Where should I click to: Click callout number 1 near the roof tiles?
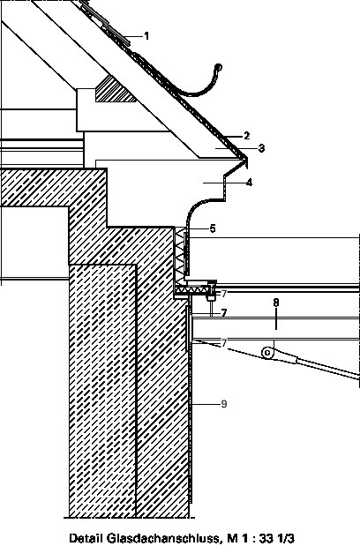pyautogui.click(x=146, y=36)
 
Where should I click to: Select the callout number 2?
pyautogui.click(x=246, y=136)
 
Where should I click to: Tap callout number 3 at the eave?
pyautogui.click(x=261, y=148)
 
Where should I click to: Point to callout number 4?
pyautogui.click(x=249, y=183)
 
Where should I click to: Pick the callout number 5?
pyautogui.click(x=213, y=228)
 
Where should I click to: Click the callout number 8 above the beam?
pyautogui.click(x=276, y=303)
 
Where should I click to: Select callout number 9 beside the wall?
pyautogui.click(x=224, y=404)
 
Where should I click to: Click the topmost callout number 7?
pyautogui.click(x=224, y=294)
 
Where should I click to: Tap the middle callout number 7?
pyautogui.click(x=224, y=313)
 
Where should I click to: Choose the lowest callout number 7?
pyautogui.click(x=224, y=343)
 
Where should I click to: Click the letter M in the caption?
pyautogui.click(x=232, y=538)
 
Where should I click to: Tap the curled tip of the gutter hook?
pyautogui.click(x=219, y=67)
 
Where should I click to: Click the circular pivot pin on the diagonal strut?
pyautogui.click(x=267, y=353)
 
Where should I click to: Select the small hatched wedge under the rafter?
pyautogui.click(x=115, y=91)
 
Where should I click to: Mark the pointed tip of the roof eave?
pyautogui.click(x=247, y=159)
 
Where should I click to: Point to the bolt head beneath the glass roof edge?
pyautogui.click(x=210, y=298)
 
